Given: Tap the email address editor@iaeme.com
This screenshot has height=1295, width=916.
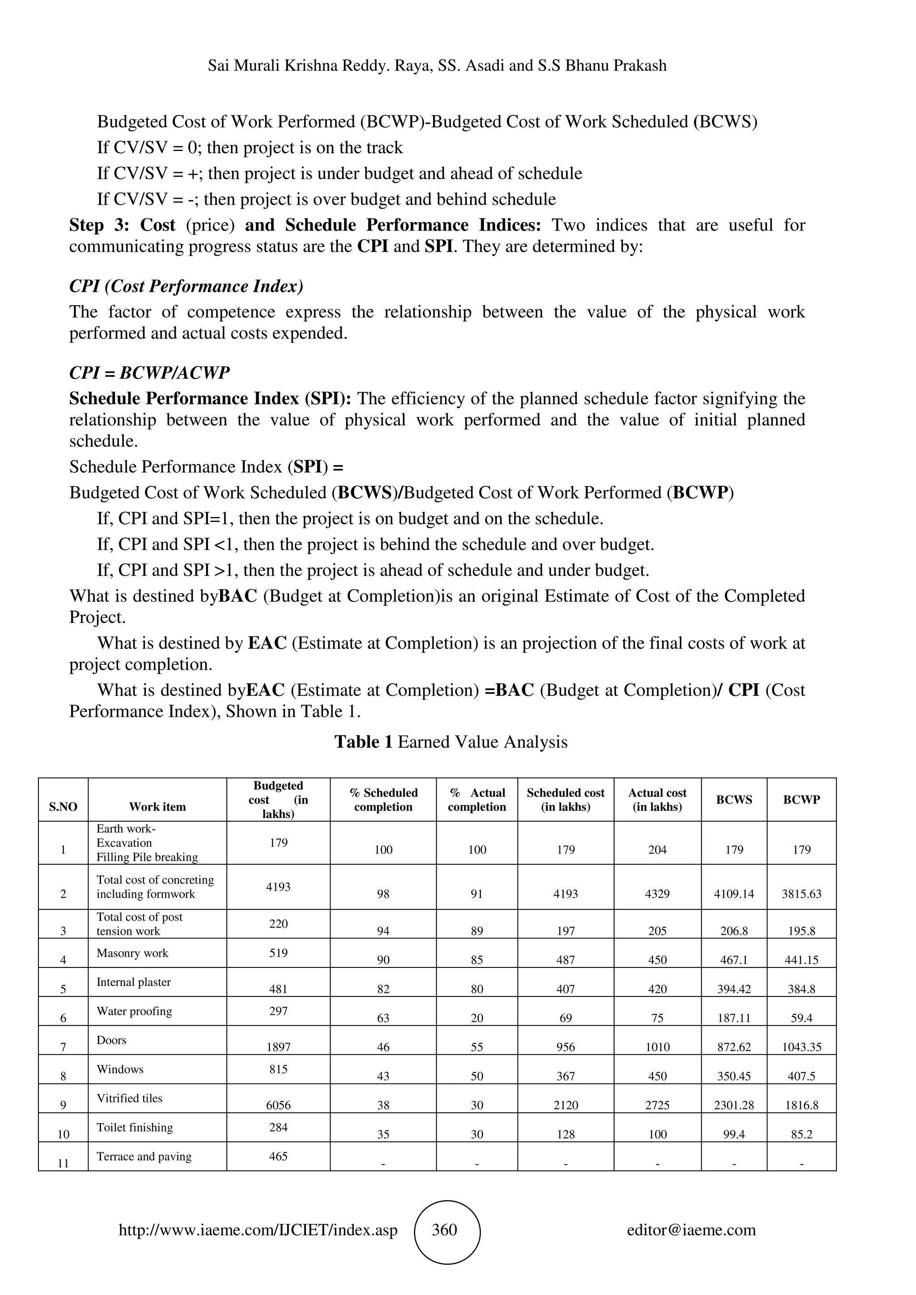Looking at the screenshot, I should [691, 1230].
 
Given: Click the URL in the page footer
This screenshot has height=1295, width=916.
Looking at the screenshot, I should [258, 1230].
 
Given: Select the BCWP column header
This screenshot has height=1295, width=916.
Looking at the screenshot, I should [801, 799].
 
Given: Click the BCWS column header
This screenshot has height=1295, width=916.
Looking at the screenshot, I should [734, 799].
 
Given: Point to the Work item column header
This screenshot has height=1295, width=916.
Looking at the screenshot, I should [157, 807].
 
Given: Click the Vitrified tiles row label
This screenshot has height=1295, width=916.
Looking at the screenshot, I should [129, 1097].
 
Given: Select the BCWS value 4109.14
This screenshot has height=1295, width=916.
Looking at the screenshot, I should [734, 893].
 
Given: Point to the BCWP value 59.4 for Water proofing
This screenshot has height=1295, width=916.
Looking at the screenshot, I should [801, 1017].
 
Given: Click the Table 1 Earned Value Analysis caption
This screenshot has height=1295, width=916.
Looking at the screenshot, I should [450, 742].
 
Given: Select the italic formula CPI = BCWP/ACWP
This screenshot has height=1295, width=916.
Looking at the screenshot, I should [149, 373].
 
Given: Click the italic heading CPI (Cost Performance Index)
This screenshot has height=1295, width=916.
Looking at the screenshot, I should [186, 286].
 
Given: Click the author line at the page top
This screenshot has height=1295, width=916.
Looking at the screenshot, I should [437, 65].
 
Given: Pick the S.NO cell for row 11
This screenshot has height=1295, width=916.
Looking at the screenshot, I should [63, 1163].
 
